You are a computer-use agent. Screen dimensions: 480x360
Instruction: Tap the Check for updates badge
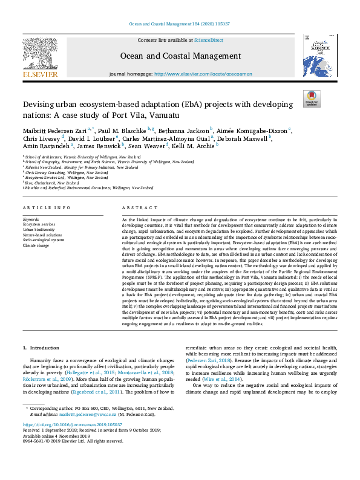[x=312, y=99]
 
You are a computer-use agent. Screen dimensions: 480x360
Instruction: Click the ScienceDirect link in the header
[x=208, y=40]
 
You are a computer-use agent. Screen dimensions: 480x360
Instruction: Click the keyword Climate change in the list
[x=37, y=245]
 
